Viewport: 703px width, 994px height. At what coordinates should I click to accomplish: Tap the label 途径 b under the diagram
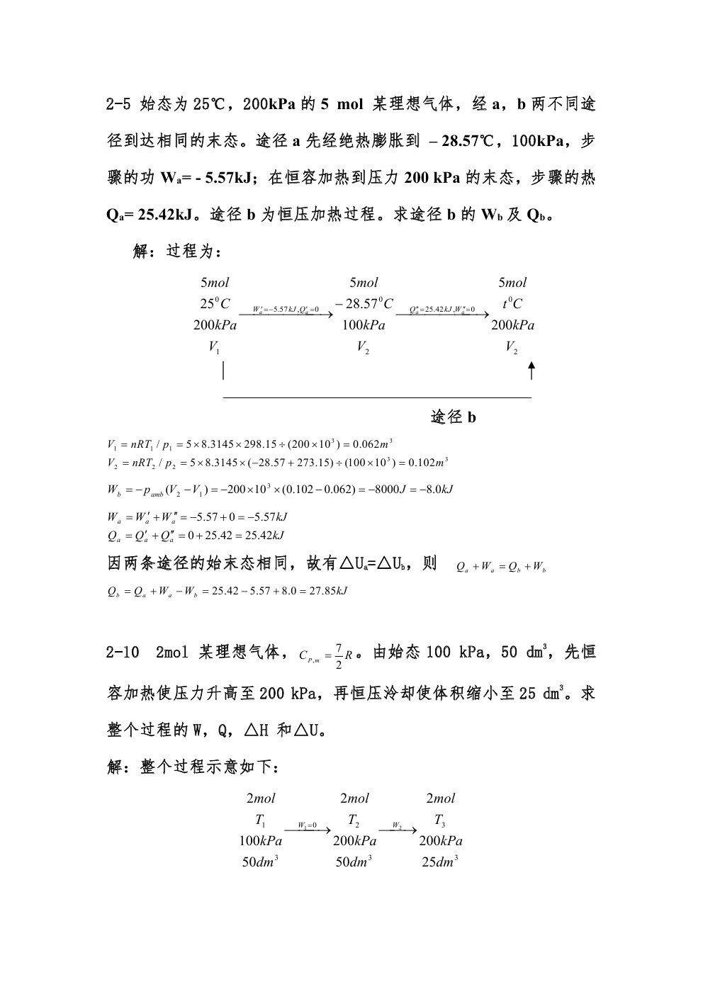pyautogui.click(x=454, y=417)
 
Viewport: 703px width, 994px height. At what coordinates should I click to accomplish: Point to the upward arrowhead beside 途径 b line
pyautogui.click(x=532, y=367)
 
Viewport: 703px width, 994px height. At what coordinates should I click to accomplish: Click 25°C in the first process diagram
pyautogui.click(x=215, y=304)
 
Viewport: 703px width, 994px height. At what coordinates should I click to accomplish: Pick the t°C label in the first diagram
pyautogui.click(x=512, y=304)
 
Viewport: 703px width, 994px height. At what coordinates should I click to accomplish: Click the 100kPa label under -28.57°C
pyautogui.click(x=364, y=326)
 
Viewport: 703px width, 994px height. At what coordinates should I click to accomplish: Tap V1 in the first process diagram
pyautogui.click(x=214, y=347)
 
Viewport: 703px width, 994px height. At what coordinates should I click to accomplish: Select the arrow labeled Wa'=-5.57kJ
pyautogui.click(x=292, y=312)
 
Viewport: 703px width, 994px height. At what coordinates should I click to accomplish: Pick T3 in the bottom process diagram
pyautogui.click(x=440, y=820)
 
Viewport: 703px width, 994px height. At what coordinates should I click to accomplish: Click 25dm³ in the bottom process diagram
pyautogui.click(x=440, y=862)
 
